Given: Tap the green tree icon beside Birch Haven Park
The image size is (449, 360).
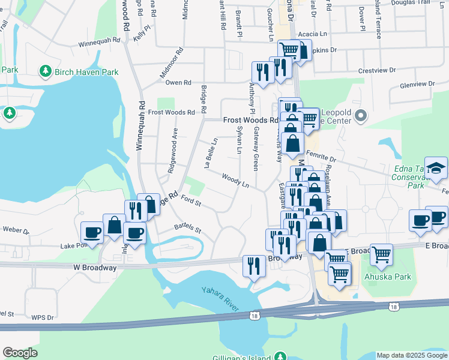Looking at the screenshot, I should point(45,72).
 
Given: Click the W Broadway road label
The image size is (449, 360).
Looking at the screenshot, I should point(95,268).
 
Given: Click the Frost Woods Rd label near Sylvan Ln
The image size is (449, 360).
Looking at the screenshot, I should point(250,120).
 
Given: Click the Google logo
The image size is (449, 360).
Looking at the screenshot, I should point(20,353).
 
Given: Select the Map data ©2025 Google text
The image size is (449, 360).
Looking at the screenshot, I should point(411,355).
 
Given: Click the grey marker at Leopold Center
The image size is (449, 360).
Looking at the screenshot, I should point(360,116).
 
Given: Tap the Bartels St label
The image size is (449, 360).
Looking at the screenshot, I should point(187,229).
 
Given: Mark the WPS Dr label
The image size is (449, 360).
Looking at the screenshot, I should point(43,317).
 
